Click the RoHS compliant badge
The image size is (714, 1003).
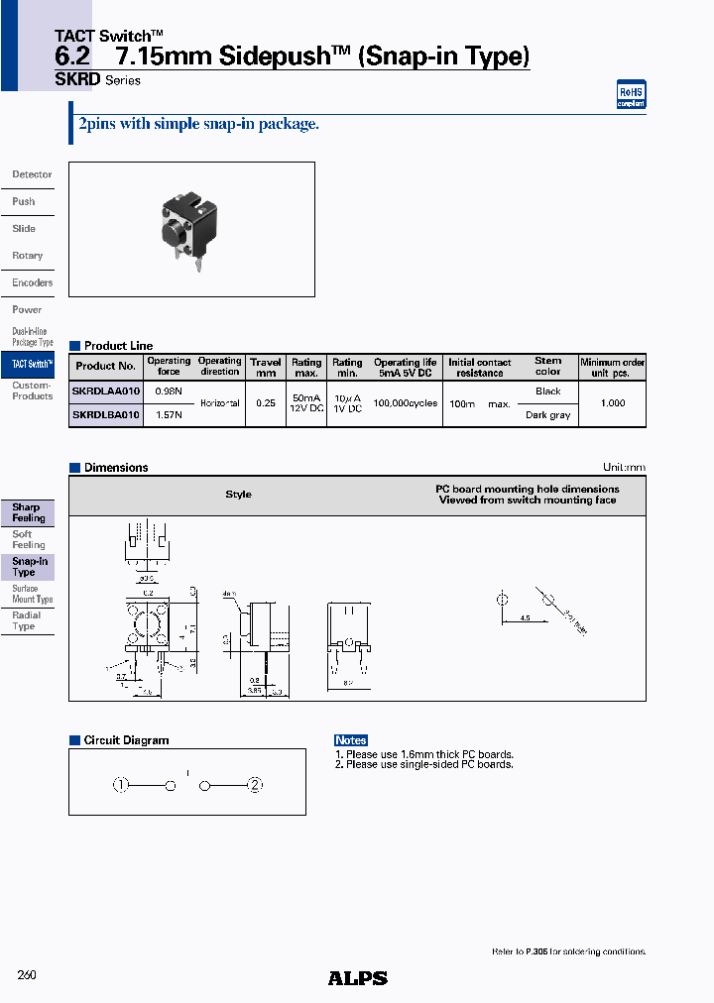click(631, 94)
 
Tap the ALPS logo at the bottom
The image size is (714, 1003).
click(357, 978)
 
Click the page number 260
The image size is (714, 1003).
click(27, 975)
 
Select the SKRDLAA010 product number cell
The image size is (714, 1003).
click(106, 390)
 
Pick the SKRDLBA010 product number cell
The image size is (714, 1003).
click(106, 414)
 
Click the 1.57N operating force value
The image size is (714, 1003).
click(169, 414)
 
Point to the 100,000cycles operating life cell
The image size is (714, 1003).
click(405, 403)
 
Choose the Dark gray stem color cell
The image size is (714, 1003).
click(547, 415)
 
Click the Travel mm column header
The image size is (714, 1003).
click(266, 368)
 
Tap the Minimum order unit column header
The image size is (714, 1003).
click(612, 368)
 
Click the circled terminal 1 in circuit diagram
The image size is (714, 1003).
click(121, 786)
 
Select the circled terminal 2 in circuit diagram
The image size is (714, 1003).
click(255, 786)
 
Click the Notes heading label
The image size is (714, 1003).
click(351, 740)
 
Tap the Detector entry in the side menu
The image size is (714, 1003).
click(32, 174)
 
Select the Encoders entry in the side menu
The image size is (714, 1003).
click(32, 282)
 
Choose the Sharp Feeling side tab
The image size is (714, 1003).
click(28, 512)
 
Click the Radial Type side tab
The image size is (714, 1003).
click(26, 620)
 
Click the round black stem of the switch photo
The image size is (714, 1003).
click(171, 230)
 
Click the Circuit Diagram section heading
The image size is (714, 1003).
click(126, 740)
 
